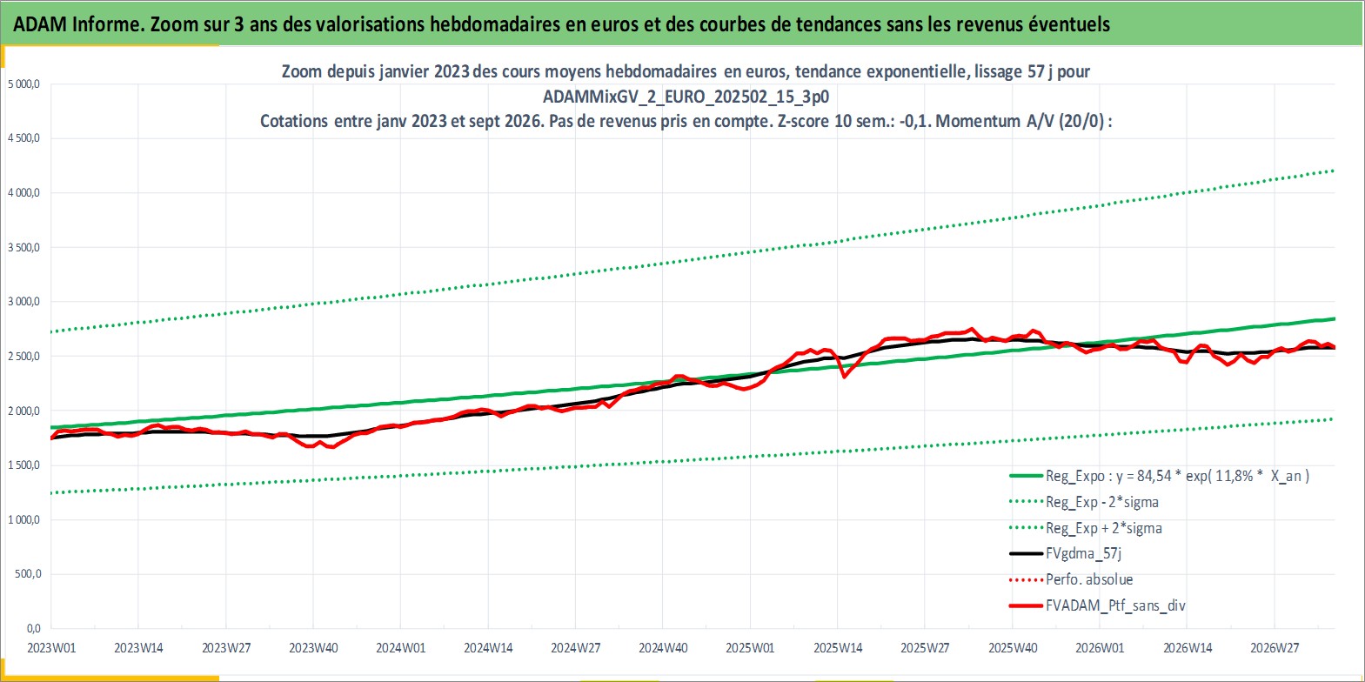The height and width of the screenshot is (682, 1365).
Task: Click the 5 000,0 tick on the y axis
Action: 23,84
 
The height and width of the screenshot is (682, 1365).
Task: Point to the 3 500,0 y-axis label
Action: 23,247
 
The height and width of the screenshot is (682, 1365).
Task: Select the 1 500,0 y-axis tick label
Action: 23,465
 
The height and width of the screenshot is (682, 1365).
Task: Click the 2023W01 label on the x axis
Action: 51,648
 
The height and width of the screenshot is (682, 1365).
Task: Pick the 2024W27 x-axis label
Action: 575,648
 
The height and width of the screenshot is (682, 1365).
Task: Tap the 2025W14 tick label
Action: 837,648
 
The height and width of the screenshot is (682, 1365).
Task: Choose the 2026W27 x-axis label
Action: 1275,648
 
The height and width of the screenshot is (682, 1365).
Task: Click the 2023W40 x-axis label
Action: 313,648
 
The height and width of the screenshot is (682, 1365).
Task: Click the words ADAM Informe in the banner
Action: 78,24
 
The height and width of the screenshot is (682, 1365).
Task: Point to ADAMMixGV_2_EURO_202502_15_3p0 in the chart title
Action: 686,97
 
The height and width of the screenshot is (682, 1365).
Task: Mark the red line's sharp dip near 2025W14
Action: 844,376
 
